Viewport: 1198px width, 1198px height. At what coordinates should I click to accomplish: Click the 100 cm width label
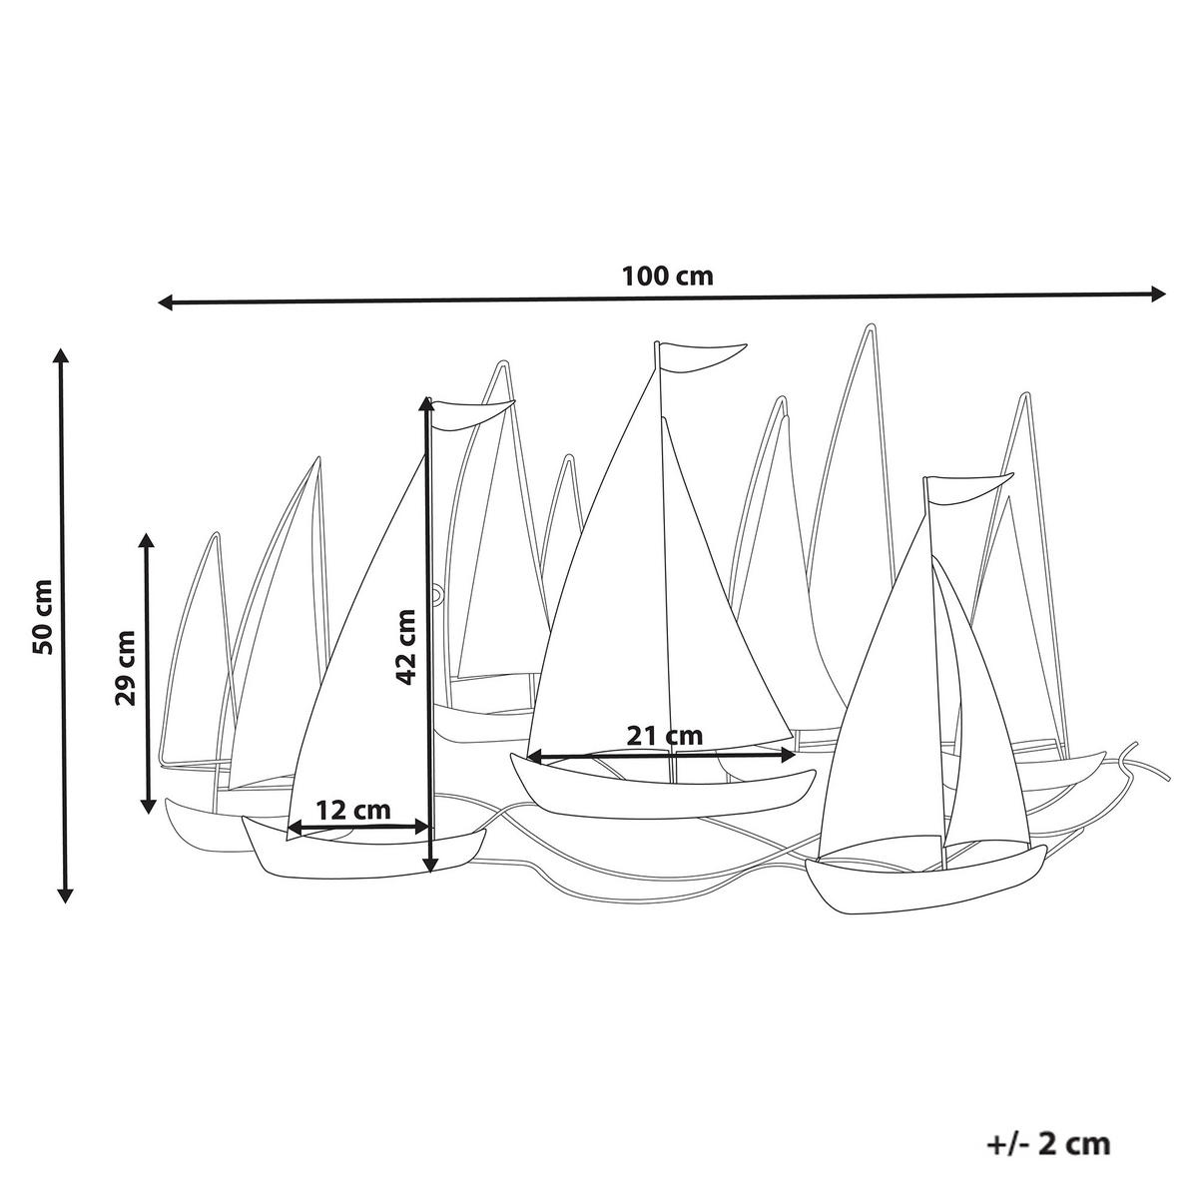668,276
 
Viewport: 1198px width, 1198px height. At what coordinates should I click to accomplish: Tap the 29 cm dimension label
126,667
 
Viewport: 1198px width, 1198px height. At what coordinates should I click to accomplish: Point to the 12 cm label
352,810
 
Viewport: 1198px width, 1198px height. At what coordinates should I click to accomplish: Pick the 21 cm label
664,736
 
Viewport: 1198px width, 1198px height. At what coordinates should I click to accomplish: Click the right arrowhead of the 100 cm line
1157,294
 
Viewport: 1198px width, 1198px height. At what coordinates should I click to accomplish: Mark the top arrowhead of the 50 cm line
63,356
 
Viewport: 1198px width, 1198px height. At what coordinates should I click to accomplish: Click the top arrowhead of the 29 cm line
148,541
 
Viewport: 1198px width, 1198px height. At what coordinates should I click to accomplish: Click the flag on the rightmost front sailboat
968,489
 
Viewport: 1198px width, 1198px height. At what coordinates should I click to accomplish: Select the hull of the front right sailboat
923,882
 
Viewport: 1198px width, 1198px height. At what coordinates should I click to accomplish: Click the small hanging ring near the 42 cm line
437,595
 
